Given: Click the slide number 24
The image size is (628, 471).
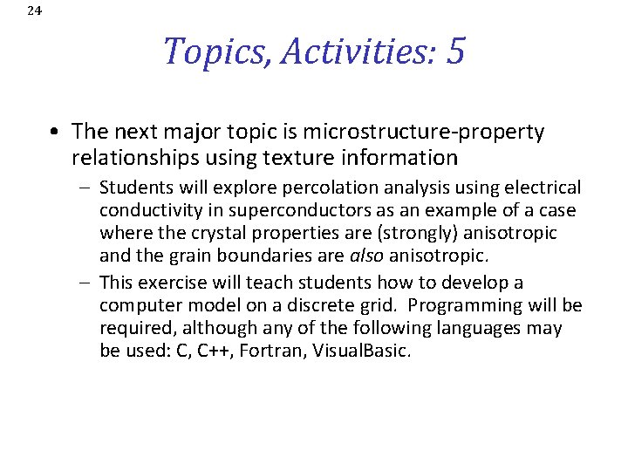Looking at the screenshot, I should (x=34, y=10).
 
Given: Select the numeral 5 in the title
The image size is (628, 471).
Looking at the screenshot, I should (x=454, y=51).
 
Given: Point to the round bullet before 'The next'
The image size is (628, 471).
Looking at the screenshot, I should (x=55, y=133).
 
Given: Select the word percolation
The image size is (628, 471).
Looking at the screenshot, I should (x=306, y=188).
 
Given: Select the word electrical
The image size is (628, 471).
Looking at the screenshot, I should (x=542, y=188).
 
